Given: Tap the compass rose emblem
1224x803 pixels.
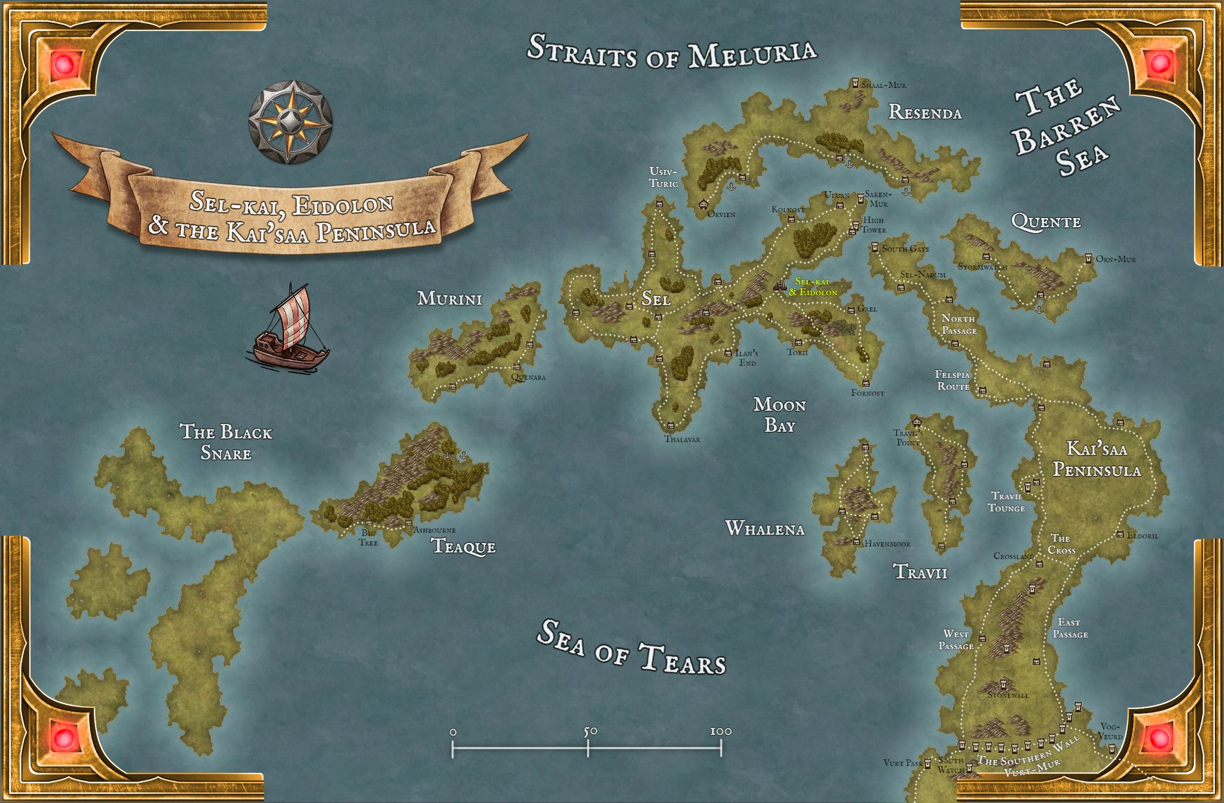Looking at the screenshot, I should pos(290,122).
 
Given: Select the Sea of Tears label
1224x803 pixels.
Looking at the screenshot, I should pos(631,648).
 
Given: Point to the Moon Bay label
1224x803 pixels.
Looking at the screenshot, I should pos(779,415).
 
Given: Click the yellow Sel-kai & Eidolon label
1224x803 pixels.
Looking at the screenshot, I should pos(813,287).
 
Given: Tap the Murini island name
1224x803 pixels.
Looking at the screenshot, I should pos(449,298).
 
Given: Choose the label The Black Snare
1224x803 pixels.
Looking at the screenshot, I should pos(226,442).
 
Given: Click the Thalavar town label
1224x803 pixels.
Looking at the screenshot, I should pos(682,439).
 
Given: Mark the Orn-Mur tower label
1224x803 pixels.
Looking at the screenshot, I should pos(1115,259).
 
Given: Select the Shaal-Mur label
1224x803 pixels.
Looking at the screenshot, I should pos(883,86).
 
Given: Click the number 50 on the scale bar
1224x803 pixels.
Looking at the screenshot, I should pos(590,731).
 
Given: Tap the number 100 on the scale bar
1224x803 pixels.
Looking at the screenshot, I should pos(721,731).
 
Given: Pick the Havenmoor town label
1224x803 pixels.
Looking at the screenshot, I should pos(887,544).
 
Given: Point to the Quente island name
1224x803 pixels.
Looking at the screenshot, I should pos(1046,222).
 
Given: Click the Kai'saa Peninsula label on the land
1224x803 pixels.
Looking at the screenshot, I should pos(1097,459).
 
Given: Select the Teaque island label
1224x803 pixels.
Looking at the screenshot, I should pos(463,546).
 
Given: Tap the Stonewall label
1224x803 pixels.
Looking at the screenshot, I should pos(1008,695).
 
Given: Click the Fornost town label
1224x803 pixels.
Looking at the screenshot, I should pos(867,393).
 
